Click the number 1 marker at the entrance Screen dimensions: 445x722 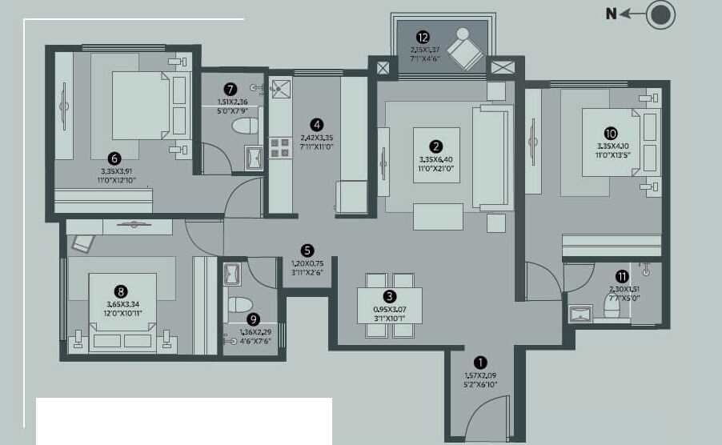(x=480, y=362)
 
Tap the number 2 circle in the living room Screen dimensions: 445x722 (x=436, y=146)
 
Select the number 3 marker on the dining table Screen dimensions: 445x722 (x=389, y=296)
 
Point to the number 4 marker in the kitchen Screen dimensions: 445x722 (x=318, y=124)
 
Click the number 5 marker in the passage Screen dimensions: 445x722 (x=307, y=250)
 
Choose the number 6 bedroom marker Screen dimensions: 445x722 (x=115, y=158)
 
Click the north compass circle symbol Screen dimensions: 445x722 (x=661, y=15)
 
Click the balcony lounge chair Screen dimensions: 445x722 (x=464, y=47)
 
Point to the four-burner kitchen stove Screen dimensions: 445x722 (x=280, y=147)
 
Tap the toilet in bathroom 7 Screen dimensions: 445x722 (x=243, y=126)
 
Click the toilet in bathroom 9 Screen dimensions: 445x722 (x=239, y=304)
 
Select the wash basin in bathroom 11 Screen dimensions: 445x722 (x=580, y=313)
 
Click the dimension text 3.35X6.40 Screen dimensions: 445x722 (x=436, y=159)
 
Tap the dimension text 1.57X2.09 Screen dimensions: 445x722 (x=480, y=375)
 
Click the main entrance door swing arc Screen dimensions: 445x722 (x=484, y=412)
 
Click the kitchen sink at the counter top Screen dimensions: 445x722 (x=281, y=88)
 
